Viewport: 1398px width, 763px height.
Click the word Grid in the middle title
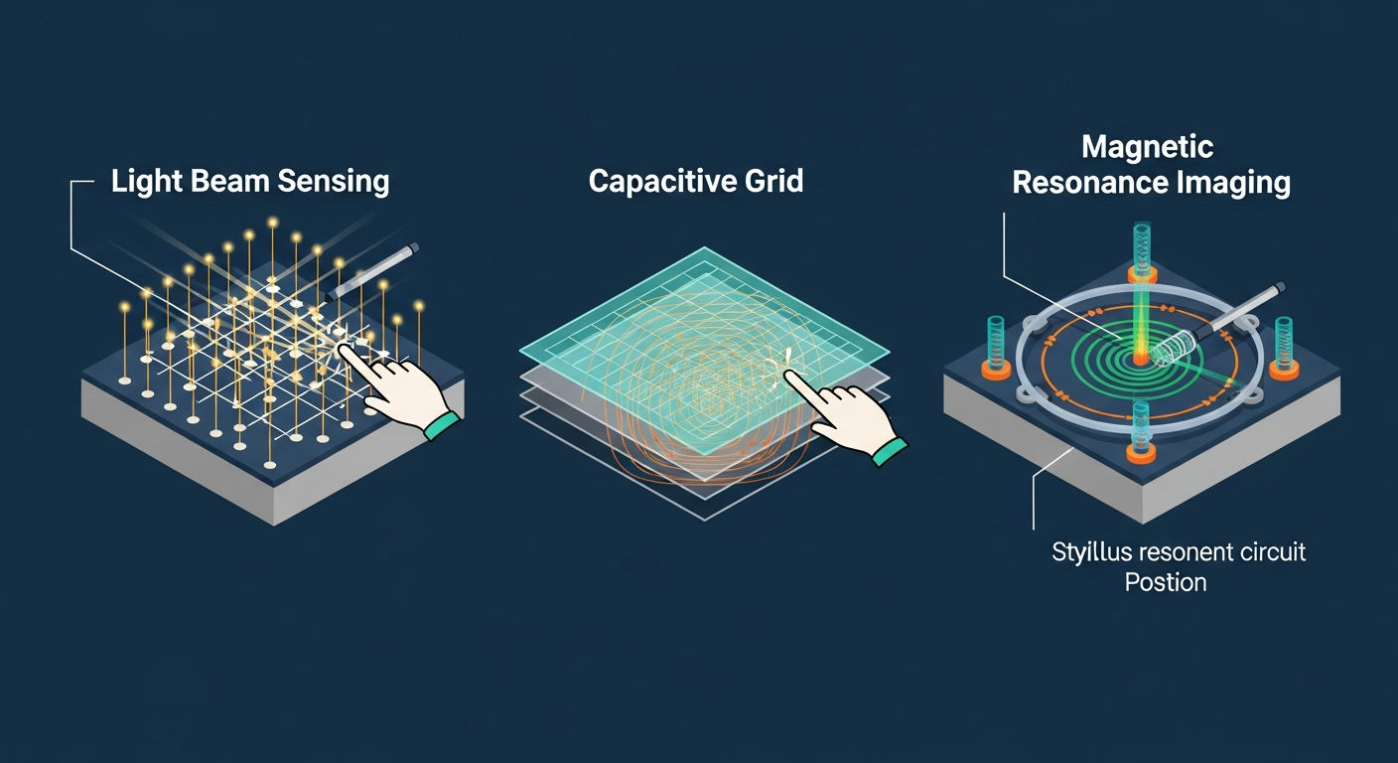click(773, 181)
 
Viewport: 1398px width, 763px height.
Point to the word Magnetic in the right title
click(1147, 147)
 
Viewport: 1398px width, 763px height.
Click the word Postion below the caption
click(1166, 582)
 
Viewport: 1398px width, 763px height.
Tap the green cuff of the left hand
click(443, 425)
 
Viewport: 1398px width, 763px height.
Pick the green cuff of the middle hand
click(890, 451)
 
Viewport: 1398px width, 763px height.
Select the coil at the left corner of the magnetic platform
click(996, 348)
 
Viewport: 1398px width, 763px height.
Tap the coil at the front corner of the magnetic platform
click(1140, 432)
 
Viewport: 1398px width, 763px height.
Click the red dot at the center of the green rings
click(1141, 359)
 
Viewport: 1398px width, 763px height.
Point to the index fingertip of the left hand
click(344, 349)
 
